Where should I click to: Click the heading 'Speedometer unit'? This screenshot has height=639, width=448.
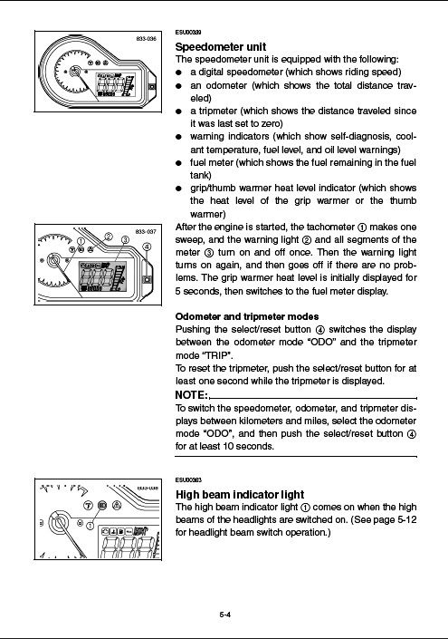pyautogui.click(x=221, y=46)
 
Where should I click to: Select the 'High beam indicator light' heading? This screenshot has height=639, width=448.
pyautogui.click(x=240, y=494)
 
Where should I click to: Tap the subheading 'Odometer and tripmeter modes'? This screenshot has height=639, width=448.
pyautogui.click(x=247, y=316)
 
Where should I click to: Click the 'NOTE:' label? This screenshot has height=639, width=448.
pyautogui.click(x=192, y=395)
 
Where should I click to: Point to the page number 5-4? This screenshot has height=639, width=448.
pyautogui.click(x=225, y=615)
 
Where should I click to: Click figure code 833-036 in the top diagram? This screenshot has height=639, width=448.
pyautogui.click(x=146, y=39)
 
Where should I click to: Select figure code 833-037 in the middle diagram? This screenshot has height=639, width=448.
pyautogui.click(x=146, y=231)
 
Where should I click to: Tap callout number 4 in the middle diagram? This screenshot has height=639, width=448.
pyautogui.click(x=147, y=247)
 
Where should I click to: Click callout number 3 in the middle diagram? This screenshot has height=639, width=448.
pyautogui.click(x=125, y=239)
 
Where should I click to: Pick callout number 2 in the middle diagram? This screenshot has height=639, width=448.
pyautogui.click(x=109, y=237)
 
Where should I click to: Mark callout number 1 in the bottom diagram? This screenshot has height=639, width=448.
pyautogui.click(x=91, y=526)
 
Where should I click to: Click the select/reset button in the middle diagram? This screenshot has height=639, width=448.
pyautogui.click(x=148, y=279)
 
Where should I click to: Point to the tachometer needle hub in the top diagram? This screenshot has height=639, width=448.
pyautogui.click(x=74, y=72)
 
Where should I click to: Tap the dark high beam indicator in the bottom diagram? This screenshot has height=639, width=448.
pyautogui.click(x=102, y=506)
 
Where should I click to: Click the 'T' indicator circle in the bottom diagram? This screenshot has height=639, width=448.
pyautogui.click(x=89, y=506)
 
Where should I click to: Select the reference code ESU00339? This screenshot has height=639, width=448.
pyautogui.click(x=188, y=33)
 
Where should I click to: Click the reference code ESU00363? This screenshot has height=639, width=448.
pyautogui.click(x=188, y=479)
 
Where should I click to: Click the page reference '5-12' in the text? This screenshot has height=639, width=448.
pyautogui.click(x=406, y=519)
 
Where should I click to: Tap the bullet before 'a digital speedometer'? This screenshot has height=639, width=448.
pyautogui.click(x=178, y=73)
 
